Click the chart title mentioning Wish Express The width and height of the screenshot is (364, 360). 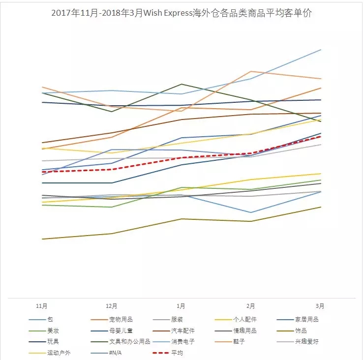(x=182, y=13)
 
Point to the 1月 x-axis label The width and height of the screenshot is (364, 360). (x=181, y=306)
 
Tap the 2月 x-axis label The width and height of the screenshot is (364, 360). (x=251, y=306)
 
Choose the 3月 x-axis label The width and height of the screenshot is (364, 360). (x=320, y=306)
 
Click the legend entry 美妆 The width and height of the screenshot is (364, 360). (x=53, y=331)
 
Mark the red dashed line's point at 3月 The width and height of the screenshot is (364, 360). (x=321, y=137)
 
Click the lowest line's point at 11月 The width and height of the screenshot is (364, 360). (x=42, y=239)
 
